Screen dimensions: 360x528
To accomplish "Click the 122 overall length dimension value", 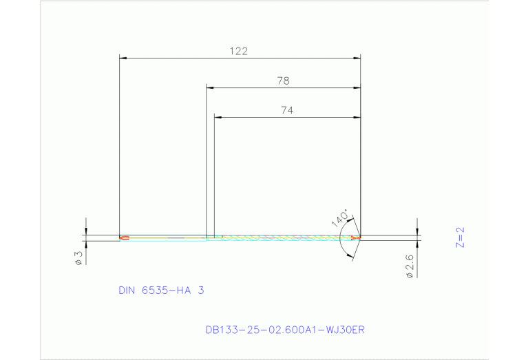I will click(238, 51).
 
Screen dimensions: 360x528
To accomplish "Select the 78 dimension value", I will click(283, 81).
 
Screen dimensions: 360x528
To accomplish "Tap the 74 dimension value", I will click(287, 110).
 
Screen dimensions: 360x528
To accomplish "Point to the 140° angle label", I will click(339, 218).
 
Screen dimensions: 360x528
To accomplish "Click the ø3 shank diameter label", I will click(79, 257).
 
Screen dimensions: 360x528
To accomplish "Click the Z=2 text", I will click(461, 237).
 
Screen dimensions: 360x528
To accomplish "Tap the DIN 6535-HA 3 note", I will click(161, 290).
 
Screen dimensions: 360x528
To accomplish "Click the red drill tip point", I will click(356, 237).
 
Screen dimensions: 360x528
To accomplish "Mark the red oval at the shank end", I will click(124, 238).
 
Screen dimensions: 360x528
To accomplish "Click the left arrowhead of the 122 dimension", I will click(123, 59).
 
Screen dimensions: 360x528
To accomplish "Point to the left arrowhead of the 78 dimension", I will click(210, 88).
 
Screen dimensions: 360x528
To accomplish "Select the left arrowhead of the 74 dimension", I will click(218, 118).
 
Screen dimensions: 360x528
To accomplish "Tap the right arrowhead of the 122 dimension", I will click(357, 59).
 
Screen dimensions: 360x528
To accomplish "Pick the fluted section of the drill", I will click(282, 237).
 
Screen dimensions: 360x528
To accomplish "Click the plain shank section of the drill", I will click(165, 238).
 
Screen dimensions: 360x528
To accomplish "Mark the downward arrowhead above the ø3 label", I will click(86, 232).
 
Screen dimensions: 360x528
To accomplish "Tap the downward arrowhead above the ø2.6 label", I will click(418, 232).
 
